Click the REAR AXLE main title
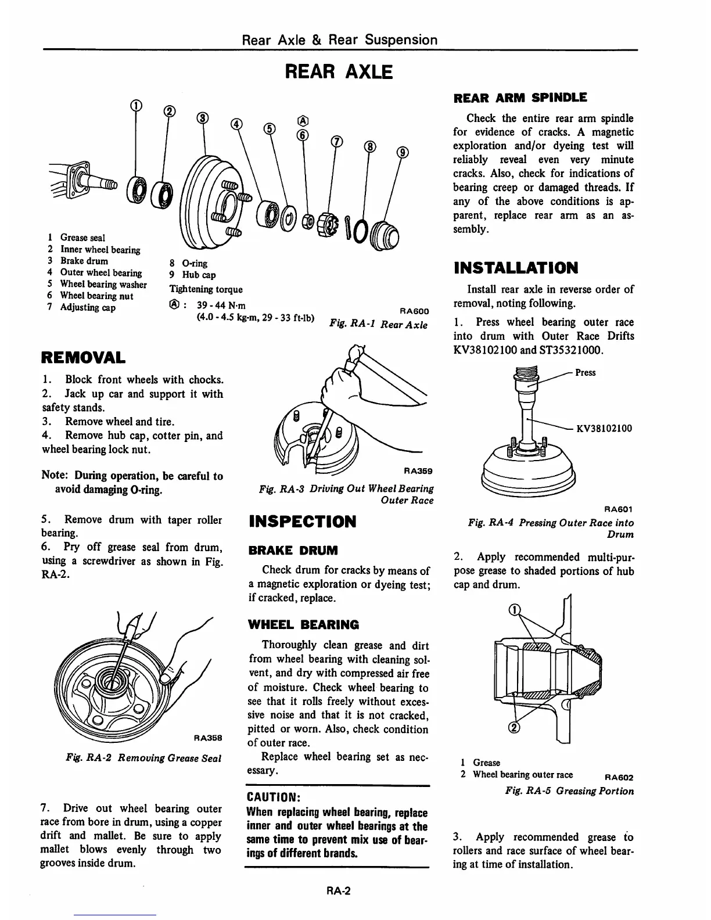(x=339, y=72)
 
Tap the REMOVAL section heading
(x=82, y=356)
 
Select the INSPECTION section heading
(x=302, y=521)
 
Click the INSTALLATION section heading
(x=516, y=268)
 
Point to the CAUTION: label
(x=272, y=795)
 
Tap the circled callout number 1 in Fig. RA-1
(x=135, y=105)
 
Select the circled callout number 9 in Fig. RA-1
(x=403, y=153)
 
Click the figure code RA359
(x=418, y=471)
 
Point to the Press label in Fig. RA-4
(x=586, y=373)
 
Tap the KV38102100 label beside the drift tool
(x=604, y=429)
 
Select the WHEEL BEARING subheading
(x=304, y=624)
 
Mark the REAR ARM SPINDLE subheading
(x=520, y=98)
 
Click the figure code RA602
(x=618, y=777)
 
